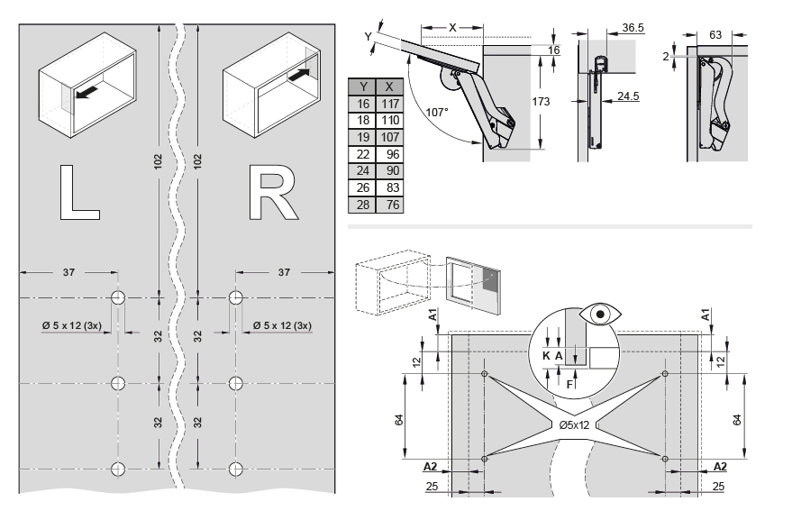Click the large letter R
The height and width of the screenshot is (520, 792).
(x=274, y=192)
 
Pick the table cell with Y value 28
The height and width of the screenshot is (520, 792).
(x=363, y=205)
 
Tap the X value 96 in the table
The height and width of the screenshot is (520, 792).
(x=389, y=155)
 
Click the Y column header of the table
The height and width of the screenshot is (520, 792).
(x=363, y=87)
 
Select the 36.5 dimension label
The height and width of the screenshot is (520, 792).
(x=633, y=29)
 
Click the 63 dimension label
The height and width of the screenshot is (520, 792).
(x=715, y=35)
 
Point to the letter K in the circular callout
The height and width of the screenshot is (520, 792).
(x=545, y=356)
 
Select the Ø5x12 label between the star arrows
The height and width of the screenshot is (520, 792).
(x=574, y=424)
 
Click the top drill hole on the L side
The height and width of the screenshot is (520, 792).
(x=118, y=298)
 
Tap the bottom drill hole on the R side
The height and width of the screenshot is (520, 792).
(x=237, y=468)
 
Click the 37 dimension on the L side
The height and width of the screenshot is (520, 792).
(x=68, y=271)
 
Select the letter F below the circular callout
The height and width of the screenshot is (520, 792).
(x=569, y=384)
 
